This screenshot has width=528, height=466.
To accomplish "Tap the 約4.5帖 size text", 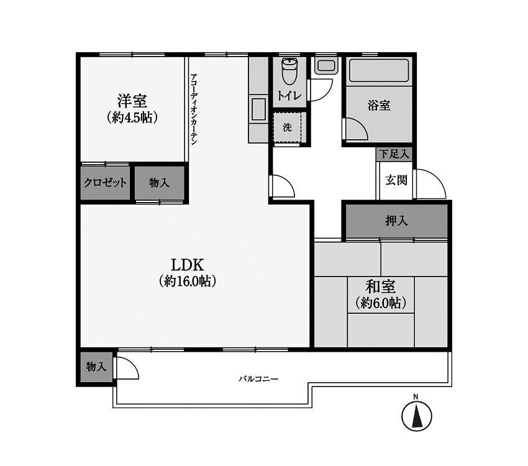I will [131, 117].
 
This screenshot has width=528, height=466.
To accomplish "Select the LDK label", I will [188, 263].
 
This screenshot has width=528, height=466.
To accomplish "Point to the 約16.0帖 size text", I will [188, 281].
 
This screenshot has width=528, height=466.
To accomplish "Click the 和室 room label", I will [381, 286].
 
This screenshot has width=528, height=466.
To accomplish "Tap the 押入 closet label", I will [396, 221].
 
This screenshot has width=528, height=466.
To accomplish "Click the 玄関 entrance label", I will [396, 181].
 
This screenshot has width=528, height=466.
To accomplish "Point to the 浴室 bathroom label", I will [380, 105].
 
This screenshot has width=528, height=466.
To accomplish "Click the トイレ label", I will [289, 96].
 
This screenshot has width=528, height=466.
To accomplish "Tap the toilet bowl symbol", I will [289, 71].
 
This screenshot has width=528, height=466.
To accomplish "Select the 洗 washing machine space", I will [288, 127].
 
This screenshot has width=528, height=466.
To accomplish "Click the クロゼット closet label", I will [106, 183].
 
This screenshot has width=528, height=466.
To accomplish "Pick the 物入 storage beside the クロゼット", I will [159, 183].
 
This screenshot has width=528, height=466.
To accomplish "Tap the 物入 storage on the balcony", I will [96, 367].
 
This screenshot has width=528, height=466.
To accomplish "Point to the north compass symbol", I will [417, 415].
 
